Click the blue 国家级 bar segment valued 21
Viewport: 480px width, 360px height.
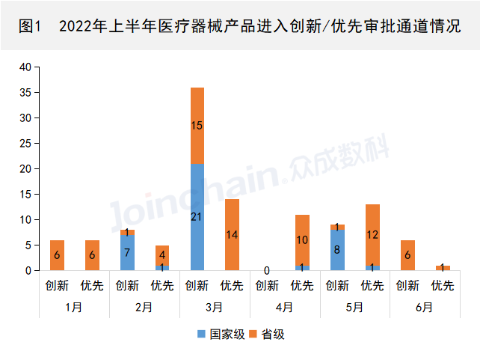(197, 217)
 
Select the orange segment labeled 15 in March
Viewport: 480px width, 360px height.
(197, 126)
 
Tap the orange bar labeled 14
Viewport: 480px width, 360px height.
(232, 234)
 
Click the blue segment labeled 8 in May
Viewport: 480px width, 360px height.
(337, 250)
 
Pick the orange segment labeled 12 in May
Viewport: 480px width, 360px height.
(372, 234)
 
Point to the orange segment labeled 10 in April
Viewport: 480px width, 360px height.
(302, 240)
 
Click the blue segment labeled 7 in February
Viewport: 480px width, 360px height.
(127, 252)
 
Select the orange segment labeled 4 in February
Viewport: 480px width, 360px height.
(162, 254)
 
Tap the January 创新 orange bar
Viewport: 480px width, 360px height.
(58, 255)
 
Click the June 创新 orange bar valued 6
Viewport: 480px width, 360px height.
(407, 255)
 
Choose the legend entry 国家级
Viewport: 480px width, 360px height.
(222, 334)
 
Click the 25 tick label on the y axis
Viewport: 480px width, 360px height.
(25, 144)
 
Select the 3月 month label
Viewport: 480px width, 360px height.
(215, 308)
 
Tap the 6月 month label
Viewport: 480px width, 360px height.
(425, 308)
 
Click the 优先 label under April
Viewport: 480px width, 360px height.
(302, 285)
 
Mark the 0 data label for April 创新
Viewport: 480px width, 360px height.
(267, 270)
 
